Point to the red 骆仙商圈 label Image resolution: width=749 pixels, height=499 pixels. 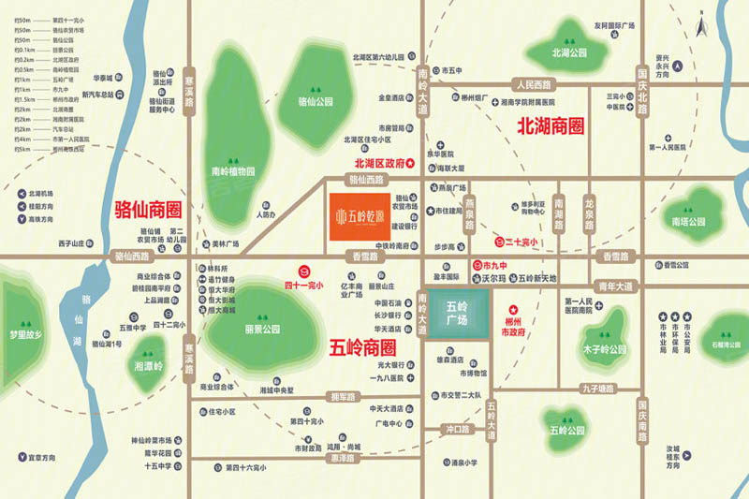[x=147, y=206]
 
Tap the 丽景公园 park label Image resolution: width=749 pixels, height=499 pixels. [x=262, y=330]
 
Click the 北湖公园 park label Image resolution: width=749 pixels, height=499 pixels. [x=567, y=53]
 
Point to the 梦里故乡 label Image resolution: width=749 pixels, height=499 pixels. [x=26, y=334]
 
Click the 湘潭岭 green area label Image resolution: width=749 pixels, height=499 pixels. [x=149, y=365]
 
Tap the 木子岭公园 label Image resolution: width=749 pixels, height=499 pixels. [x=604, y=349]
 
